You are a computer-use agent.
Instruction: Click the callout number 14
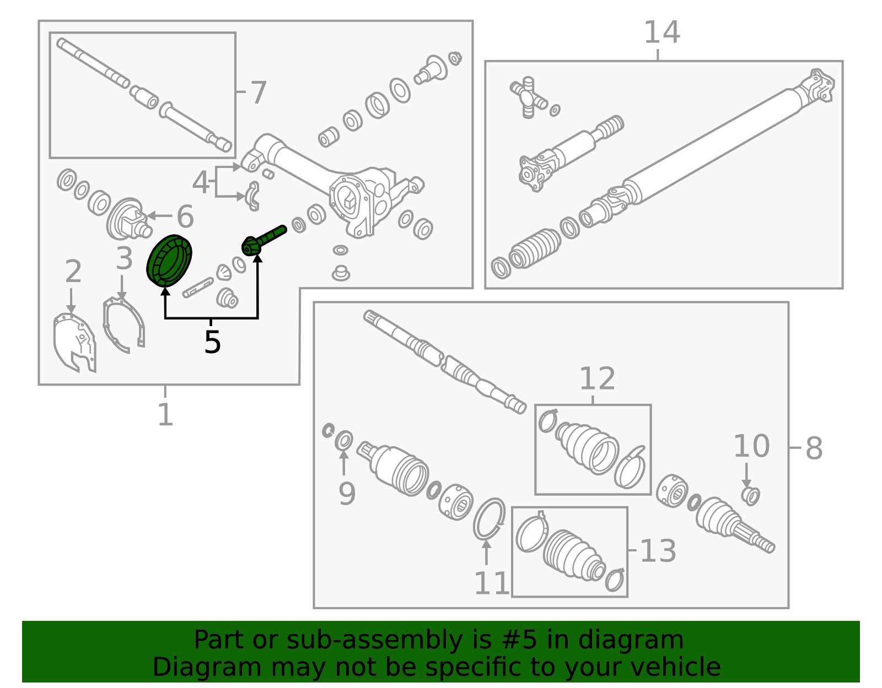point(661,32)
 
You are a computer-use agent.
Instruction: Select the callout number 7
point(258,93)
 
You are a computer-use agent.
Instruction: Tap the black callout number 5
point(212,342)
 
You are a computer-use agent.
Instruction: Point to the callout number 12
point(597,378)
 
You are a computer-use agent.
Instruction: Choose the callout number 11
point(491,583)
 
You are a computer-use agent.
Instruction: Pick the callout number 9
point(347,494)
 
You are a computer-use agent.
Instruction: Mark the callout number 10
point(751,446)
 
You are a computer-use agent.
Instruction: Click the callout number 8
point(814,448)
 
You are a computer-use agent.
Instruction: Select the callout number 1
point(165,414)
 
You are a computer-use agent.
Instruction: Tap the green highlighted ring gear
point(169,261)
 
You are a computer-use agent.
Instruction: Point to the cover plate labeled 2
point(76,343)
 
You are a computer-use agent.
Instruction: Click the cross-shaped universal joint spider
point(529,97)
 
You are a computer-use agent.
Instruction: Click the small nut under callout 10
point(750,496)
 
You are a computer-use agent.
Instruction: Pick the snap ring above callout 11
point(489,519)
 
